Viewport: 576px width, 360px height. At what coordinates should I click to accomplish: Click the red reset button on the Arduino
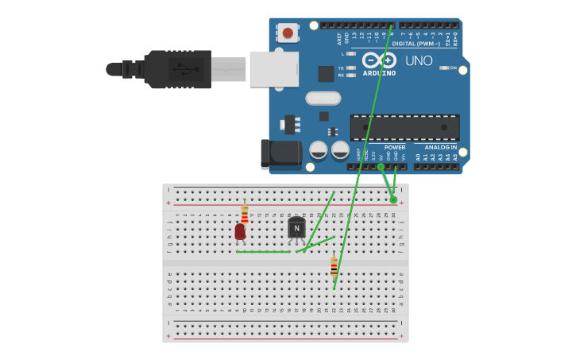[x=288, y=33]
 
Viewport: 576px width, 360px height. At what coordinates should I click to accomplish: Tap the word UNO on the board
[x=419, y=61]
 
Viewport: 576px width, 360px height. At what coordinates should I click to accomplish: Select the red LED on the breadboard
[x=240, y=231]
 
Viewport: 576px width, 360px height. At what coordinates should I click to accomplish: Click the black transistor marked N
[x=296, y=228]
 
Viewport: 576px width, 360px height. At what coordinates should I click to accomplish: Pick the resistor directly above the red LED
[x=245, y=215]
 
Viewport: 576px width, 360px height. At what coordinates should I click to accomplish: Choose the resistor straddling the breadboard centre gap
[x=334, y=267]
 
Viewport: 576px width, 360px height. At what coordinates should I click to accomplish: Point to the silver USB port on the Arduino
[x=273, y=69]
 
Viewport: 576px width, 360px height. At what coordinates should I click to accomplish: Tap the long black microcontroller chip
[x=404, y=127]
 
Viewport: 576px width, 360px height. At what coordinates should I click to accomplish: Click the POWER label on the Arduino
[x=395, y=147]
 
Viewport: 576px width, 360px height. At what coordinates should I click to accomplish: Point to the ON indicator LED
[x=445, y=68]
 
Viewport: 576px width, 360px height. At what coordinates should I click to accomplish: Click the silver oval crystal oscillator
[x=323, y=98]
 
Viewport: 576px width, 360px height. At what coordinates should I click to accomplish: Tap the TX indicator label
[x=341, y=68]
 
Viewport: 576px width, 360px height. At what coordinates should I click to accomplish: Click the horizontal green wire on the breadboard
[x=264, y=252]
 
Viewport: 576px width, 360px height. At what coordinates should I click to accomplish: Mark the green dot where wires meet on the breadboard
[x=393, y=199]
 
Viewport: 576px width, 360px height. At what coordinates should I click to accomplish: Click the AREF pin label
[x=339, y=37]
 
